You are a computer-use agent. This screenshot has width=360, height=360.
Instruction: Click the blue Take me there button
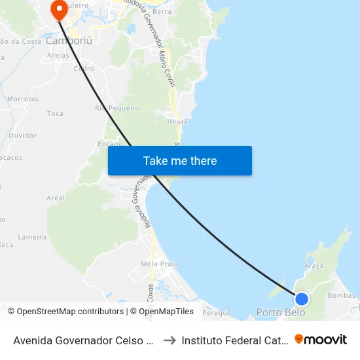(180, 160)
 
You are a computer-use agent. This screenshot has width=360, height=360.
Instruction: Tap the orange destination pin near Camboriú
(60, 10)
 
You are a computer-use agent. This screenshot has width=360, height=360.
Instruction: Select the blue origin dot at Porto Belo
(301, 299)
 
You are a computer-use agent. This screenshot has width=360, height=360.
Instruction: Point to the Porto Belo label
(280, 312)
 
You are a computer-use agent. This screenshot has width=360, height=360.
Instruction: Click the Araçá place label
(314, 266)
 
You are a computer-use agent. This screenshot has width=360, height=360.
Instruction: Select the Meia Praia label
(159, 264)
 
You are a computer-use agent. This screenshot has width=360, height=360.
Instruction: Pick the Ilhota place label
(177, 122)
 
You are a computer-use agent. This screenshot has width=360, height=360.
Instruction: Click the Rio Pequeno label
(117, 108)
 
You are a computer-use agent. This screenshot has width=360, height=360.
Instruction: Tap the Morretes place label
(24, 99)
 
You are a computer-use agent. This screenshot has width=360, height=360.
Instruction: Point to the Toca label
(56, 114)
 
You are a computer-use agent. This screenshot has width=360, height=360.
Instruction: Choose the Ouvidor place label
(22, 135)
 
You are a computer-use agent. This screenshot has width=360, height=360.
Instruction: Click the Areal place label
(56, 198)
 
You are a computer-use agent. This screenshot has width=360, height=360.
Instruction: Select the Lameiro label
(32, 237)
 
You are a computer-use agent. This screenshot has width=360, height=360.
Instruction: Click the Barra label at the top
(162, 11)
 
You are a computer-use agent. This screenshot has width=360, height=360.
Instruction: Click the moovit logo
(321, 339)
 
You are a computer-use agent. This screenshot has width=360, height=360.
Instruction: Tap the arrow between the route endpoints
(169, 340)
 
